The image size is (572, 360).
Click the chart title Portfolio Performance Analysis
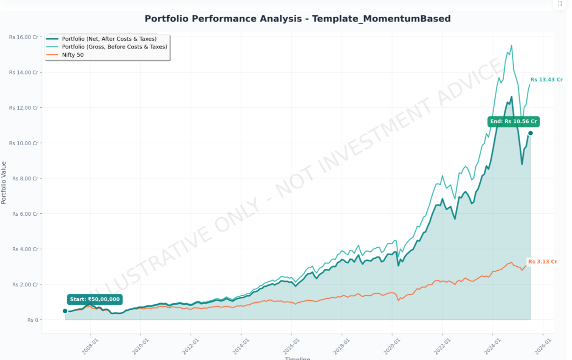coord(297,19)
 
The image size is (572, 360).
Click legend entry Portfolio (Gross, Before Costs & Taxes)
coord(114,47)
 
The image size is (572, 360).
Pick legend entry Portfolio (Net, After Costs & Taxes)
coord(109,39)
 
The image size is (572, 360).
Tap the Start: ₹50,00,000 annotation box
coord(95,299)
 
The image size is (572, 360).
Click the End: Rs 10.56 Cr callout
coord(513,122)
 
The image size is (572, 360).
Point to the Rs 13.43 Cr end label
coord(546,79)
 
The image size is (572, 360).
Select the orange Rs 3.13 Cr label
coord(544,262)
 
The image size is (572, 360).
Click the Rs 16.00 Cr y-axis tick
coord(24,37)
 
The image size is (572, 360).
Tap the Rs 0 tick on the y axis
coord(32,320)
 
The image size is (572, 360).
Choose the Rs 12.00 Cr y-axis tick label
coord(24,108)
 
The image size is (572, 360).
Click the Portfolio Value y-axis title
coord(4,182)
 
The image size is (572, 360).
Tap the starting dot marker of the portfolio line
coord(65,311)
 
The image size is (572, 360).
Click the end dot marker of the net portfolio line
coord(530,133)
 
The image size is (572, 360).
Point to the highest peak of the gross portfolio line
coord(512,46)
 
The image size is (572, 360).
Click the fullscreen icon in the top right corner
coord(560,4)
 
